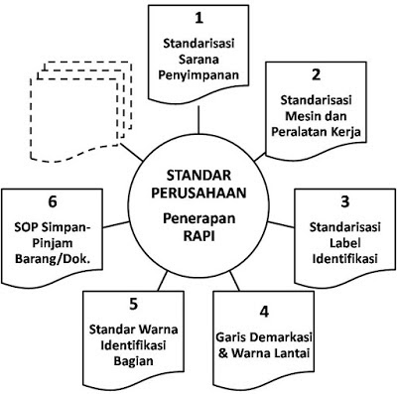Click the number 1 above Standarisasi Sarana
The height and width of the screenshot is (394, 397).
(x=198, y=19)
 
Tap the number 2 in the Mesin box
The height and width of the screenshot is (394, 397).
(x=315, y=74)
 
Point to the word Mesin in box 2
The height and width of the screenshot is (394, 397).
(x=296, y=116)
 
